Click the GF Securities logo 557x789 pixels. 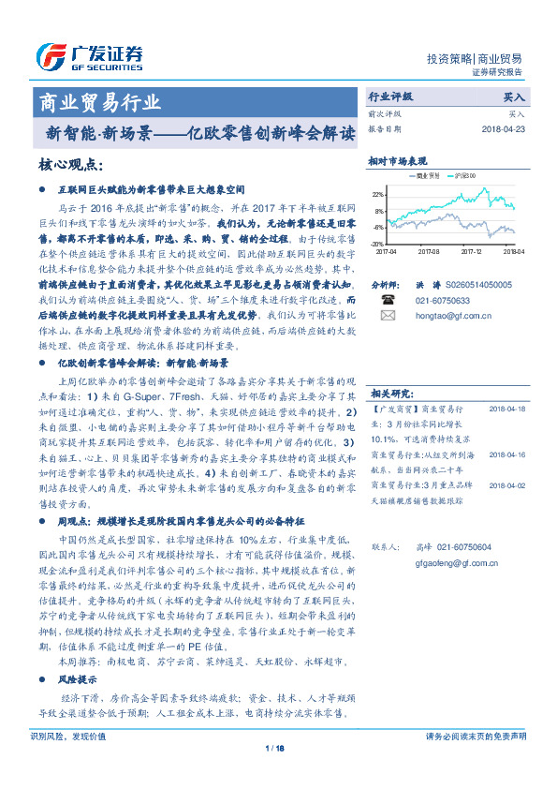[90, 55]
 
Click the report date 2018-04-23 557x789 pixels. [503, 128]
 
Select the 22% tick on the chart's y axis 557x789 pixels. [377, 194]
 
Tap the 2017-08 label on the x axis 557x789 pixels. [429, 251]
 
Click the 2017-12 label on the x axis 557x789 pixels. [472, 251]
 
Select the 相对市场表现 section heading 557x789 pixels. [398, 159]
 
